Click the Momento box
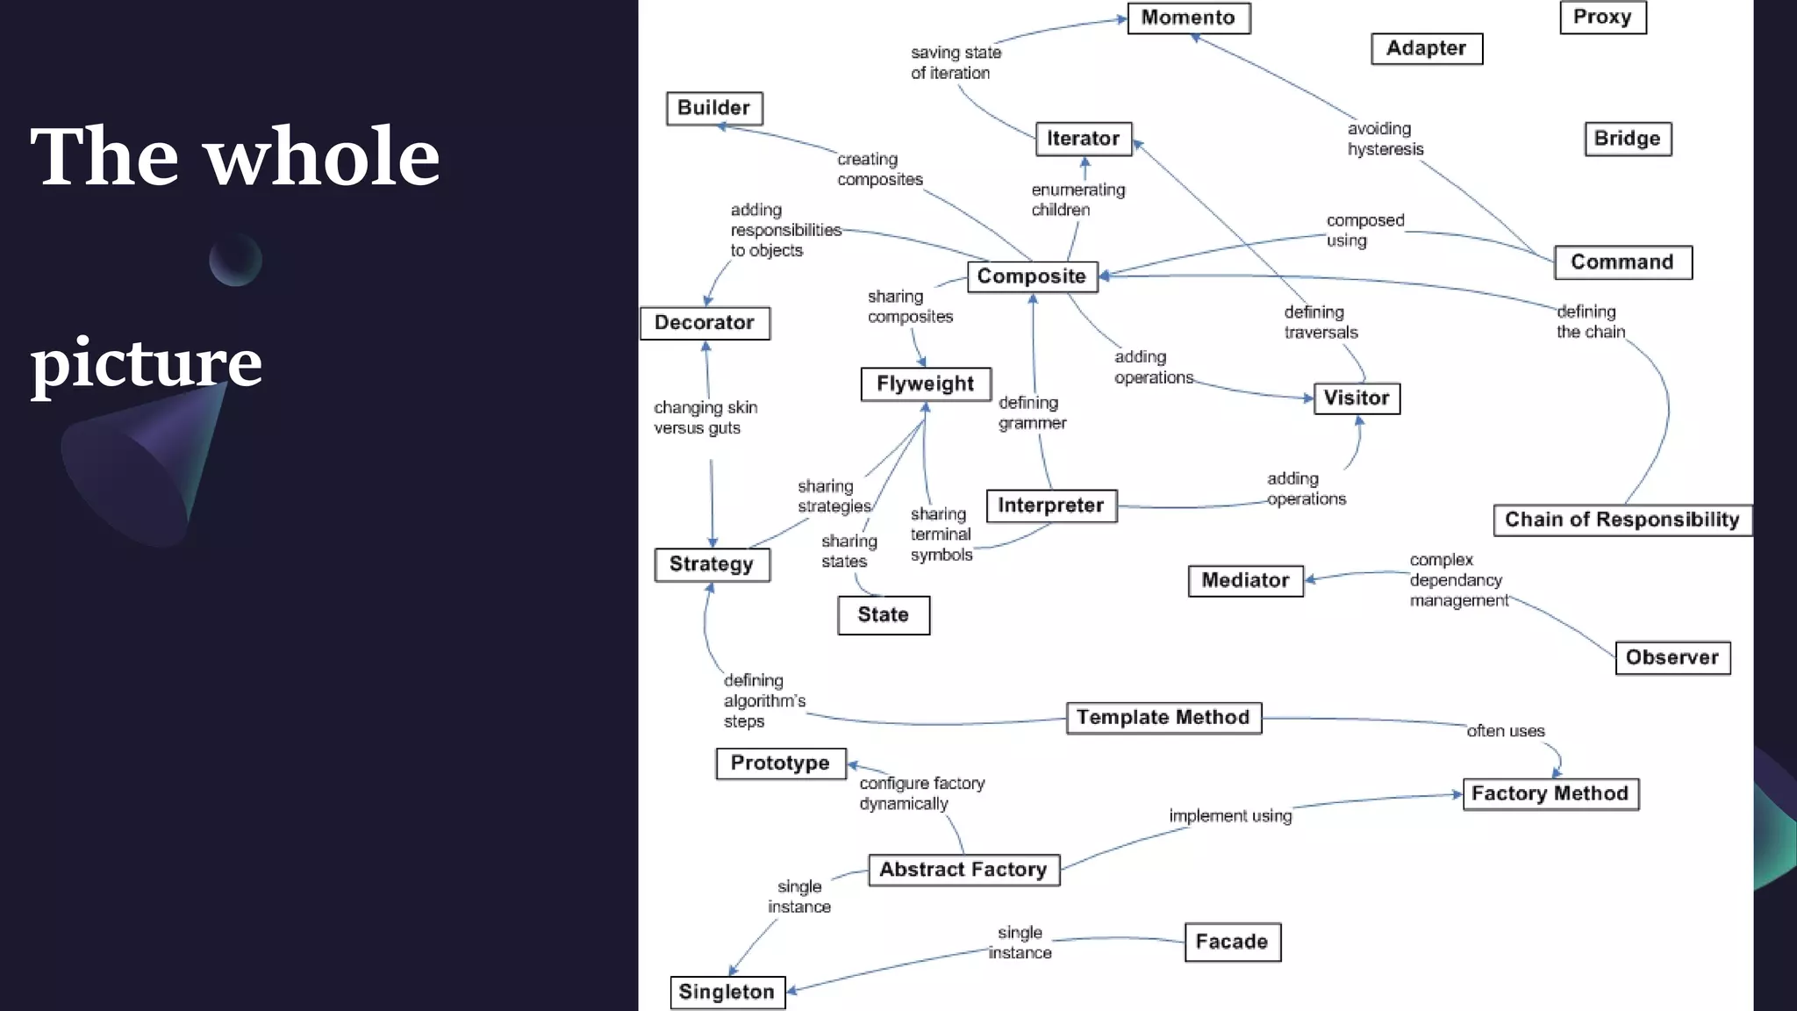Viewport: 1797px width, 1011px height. (x=1188, y=18)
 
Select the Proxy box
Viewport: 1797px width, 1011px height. (x=1602, y=18)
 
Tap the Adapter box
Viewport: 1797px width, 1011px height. (x=1427, y=49)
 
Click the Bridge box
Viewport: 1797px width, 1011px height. (x=1628, y=139)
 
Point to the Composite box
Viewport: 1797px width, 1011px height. (x=1032, y=276)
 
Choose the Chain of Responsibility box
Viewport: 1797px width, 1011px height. (x=1622, y=520)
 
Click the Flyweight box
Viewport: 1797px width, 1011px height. (x=926, y=384)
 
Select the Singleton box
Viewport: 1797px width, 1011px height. (x=727, y=993)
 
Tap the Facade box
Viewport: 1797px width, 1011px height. (x=1232, y=942)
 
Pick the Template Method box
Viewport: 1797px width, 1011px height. (x=1163, y=718)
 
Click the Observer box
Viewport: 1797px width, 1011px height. (x=1672, y=658)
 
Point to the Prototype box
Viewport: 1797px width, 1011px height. (x=780, y=764)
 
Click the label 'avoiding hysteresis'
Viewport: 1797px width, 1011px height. (x=1385, y=140)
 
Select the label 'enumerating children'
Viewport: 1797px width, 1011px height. (x=1077, y=200)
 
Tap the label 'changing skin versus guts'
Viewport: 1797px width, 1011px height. (x=705, y=418)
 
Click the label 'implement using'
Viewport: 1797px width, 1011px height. (x=1230, y=816)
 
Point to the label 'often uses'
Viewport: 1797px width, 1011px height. (x=1506, y=731)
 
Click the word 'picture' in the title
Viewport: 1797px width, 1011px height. (x=147, y=362)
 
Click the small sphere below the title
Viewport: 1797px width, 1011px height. (x=235, y=260)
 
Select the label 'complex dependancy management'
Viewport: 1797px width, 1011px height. (x=1457, y=580)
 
